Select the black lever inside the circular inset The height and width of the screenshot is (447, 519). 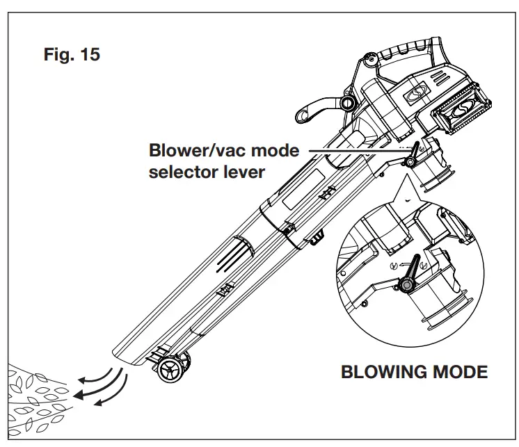coord(412,273)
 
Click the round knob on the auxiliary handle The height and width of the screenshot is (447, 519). coord(346,104)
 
